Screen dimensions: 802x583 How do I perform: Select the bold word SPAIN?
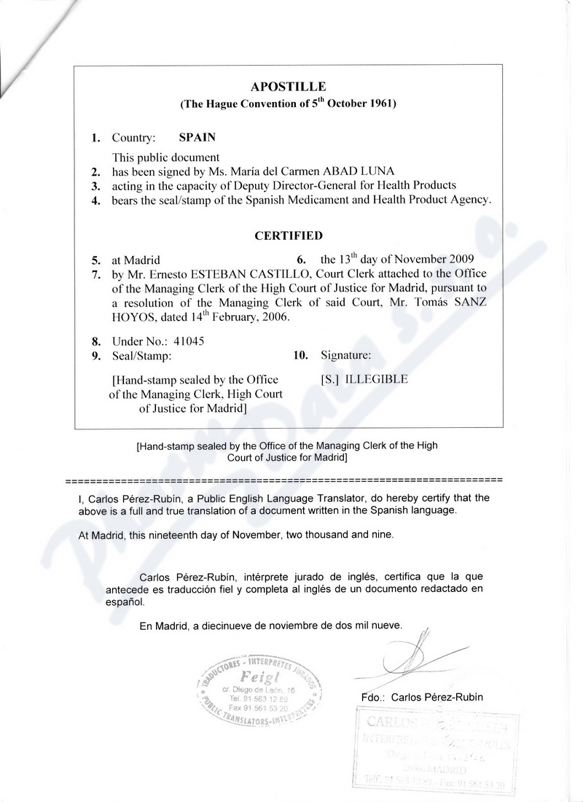pos(197,137)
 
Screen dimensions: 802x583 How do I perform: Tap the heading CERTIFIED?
pos(288,236)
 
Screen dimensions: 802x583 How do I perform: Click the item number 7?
pos(95,275)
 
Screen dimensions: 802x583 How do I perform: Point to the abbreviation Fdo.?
pos(373,697)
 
